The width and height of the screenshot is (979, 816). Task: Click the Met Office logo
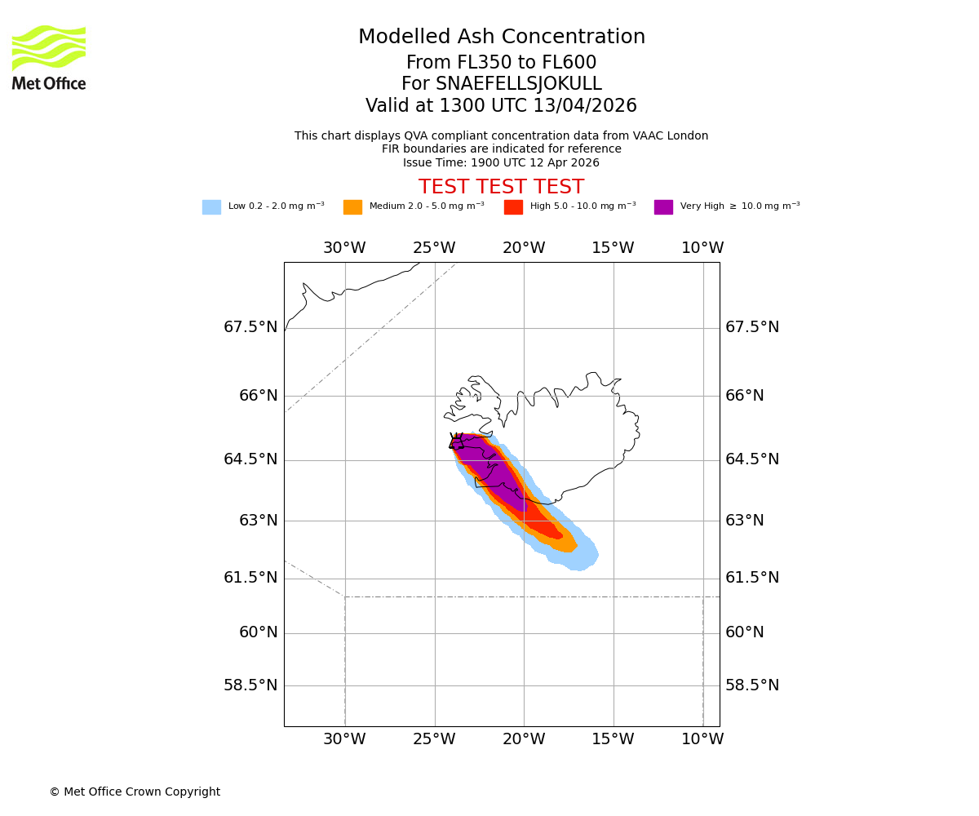(x=49, y=57)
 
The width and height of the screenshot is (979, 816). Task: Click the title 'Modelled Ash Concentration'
(x=501, y=38)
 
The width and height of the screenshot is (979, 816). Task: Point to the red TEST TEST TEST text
(x=501, y=188)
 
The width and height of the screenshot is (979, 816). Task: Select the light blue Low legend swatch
(x=211, y=207)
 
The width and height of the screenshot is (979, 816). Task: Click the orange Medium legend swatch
(x=352, y=207)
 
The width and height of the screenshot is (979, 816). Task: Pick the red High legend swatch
(x=513, y=207)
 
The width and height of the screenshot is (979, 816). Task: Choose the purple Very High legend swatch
(x=663, y=207)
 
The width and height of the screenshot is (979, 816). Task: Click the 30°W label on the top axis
(x=344, y=248)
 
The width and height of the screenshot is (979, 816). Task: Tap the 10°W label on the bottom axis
(x=702, y=739)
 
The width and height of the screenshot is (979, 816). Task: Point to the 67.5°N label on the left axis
(x=250, y=327)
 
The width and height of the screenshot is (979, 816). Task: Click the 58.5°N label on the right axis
(x=752, y=685)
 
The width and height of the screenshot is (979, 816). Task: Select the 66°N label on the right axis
(x=745, y=396)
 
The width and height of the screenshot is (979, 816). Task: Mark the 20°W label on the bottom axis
(x=524, y=739)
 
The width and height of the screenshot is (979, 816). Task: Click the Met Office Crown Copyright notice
(x=135, y=792)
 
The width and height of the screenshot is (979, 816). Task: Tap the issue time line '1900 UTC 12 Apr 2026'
(x=501, y=162)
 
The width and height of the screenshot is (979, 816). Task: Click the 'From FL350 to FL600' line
(x=501, y=63)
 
